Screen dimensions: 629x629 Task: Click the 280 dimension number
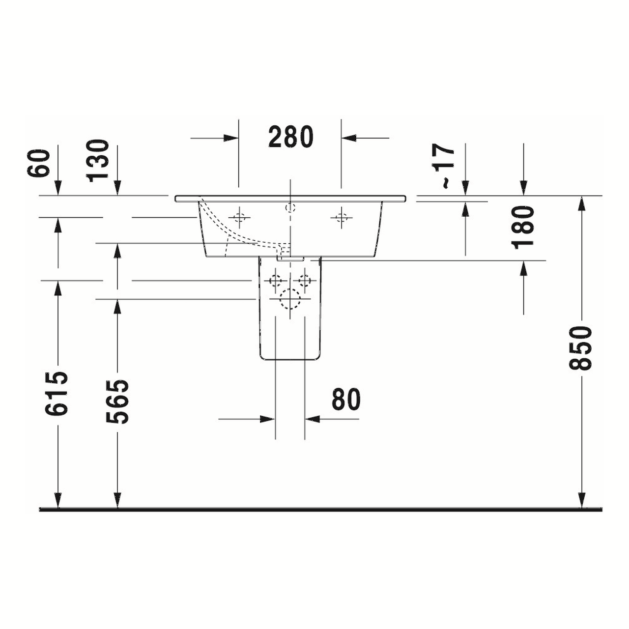point(291,137)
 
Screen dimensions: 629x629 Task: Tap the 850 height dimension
point(580,348)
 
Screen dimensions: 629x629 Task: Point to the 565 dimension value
point(117,401)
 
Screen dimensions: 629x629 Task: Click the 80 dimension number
point(346,399)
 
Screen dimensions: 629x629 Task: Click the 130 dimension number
point(97,160)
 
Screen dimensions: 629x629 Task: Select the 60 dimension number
point(38,163)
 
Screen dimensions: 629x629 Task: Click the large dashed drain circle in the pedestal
point(290,299)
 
